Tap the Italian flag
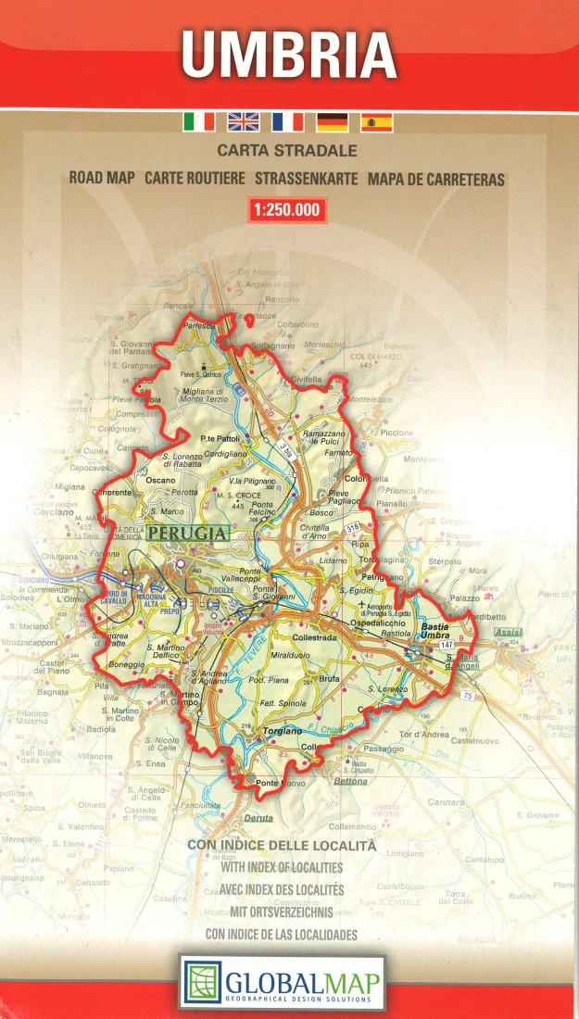point(200,121)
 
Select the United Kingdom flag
point(245,121)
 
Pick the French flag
point(288,121)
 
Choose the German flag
point(332,121)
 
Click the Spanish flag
point(376,121)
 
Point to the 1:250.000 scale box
point(287,210)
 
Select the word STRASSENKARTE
point(306,179)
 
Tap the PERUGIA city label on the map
point(187,534)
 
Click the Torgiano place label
point(277,731)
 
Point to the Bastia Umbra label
point(434,631)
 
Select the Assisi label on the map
point(509,633)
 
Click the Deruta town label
point(258,818)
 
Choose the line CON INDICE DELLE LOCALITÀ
point(282,845)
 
